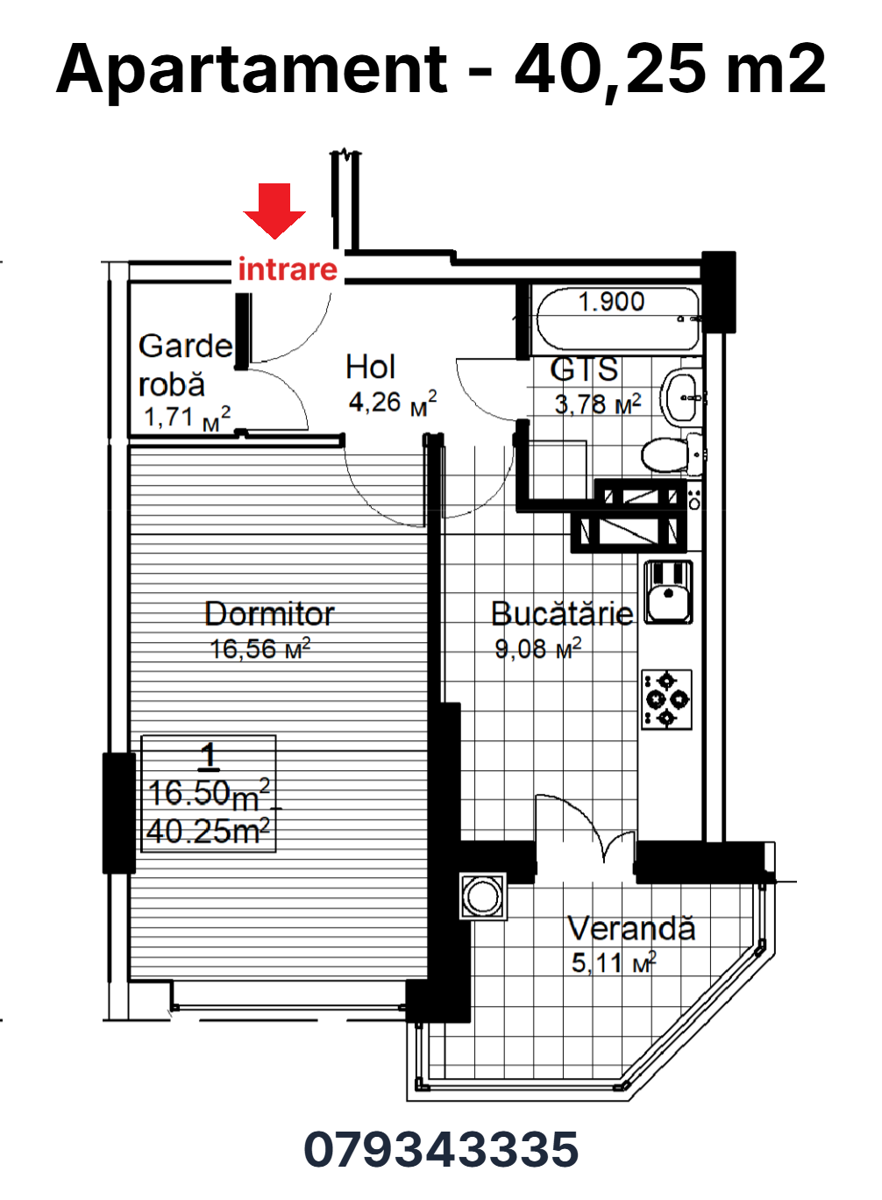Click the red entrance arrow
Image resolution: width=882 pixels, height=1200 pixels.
[274, 211]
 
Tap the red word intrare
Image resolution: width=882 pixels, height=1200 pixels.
[288, 269]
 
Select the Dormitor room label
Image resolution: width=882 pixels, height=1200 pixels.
[269, 614]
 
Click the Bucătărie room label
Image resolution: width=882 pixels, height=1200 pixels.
[562, 614]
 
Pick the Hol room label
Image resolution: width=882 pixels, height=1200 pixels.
[370, 368]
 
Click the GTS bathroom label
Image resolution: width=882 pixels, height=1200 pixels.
[584, 369]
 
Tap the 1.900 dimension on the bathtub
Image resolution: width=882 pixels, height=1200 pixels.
[612, 302]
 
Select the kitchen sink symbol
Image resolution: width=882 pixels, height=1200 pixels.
[668, 592]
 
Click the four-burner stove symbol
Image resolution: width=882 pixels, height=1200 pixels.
[666, 699]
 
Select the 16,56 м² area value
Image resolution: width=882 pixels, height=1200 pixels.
[260, 648]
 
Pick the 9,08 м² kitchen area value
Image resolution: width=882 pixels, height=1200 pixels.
[537, 648]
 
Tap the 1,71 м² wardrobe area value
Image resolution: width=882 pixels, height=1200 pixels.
[188, 418]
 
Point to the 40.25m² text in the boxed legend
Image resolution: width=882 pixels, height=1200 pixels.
[208, 832]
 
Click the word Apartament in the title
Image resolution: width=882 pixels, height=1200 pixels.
[251, 70]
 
